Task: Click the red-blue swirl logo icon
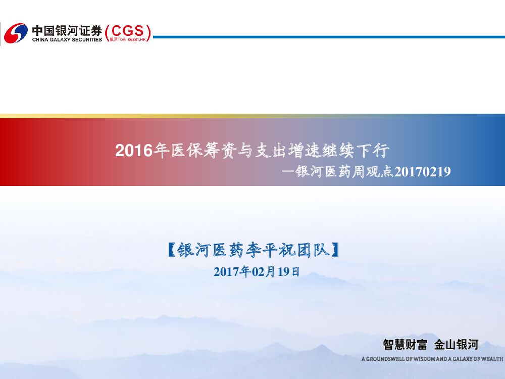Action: [16, 33]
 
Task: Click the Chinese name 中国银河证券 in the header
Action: [67, 29]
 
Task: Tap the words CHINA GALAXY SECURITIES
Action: [67, 39]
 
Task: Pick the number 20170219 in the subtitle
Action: [422, 172]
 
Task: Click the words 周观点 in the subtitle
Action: [368, 172]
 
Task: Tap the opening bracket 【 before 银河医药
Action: [171, 250]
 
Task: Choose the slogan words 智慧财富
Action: [405, 345]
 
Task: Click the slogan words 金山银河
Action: [456, 345]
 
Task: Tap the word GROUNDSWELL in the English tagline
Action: [386, 359]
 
